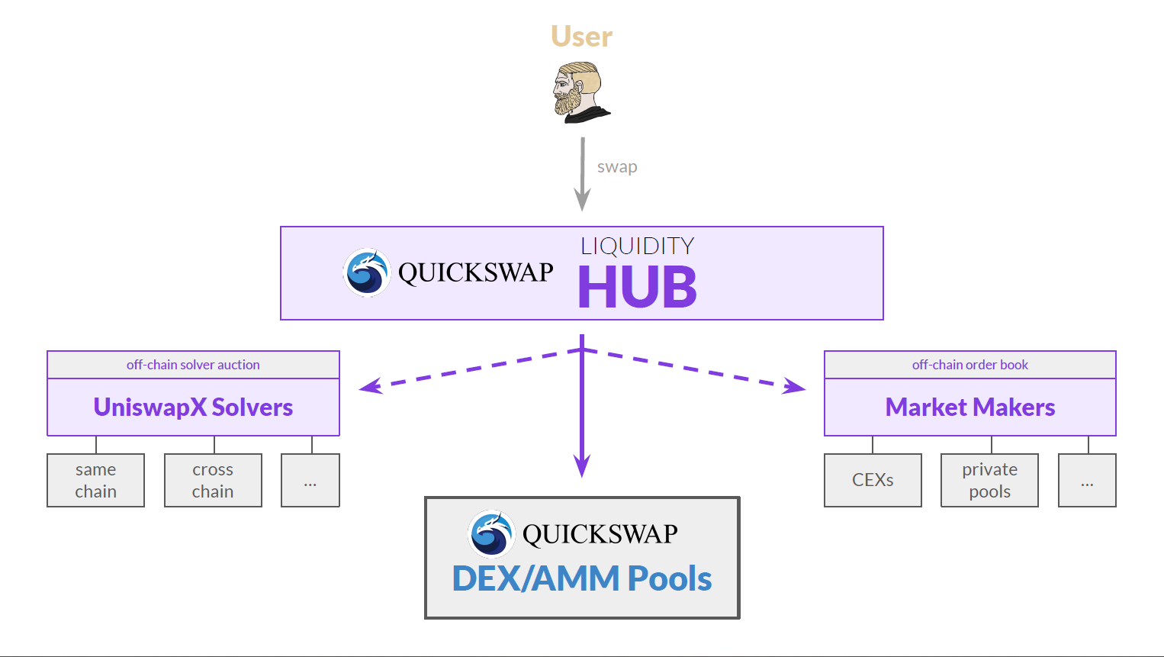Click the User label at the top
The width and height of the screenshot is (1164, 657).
(581, 37)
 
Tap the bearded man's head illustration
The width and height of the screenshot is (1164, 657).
(580, 92)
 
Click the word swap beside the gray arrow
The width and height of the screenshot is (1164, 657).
(617, 167)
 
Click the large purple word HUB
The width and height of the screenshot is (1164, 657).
(637, 288)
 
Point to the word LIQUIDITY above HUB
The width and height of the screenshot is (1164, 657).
(637, 246)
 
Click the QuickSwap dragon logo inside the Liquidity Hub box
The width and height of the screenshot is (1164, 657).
(367, 272)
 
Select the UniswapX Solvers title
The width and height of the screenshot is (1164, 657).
(193, 407)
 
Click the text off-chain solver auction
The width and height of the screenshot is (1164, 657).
(193, 365)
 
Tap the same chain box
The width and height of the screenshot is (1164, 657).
(96, 481)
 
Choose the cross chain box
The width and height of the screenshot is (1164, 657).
(213, 481)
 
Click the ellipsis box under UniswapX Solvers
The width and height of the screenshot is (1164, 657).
(310, 481)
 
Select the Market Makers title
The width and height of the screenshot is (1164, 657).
(969, 407)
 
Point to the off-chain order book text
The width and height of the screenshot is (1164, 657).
(969, 365)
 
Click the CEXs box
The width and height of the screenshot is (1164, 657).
(873, 481)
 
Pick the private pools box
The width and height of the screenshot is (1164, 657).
(989, 481)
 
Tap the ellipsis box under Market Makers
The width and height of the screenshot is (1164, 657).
(1087, 481)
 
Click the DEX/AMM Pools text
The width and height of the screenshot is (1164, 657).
(581, 578)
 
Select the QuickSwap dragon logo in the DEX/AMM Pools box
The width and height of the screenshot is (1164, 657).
(491, 534)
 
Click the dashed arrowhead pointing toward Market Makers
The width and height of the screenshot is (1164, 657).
(796, 387)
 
